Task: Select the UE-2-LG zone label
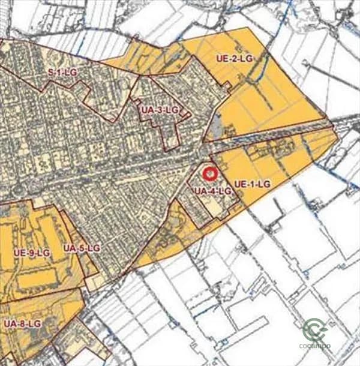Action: coord(235,58)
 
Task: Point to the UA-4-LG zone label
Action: coord(212,191)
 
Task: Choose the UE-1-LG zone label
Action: coord(253,182)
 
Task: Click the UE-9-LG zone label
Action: coord(31,253)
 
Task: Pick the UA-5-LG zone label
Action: coord(82,248)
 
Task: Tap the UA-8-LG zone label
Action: coord(22,323)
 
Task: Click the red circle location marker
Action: coord(209,174)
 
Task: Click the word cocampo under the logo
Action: coord(315,346)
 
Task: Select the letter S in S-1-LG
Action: coord(51,73)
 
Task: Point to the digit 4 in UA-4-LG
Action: coord(213,191)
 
